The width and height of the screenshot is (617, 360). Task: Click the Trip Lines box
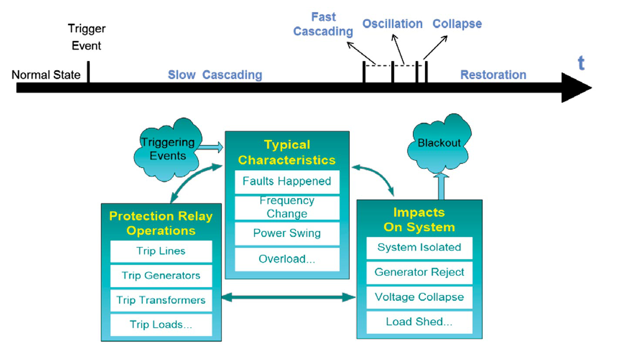(x=161, y=251)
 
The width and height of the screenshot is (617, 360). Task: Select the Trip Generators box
(x=161, y=276)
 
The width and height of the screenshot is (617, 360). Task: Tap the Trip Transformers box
(x=161, y=300)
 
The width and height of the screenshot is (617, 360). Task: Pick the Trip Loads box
(x=161, y=325)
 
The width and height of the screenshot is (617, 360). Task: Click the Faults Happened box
(x=287, y=181)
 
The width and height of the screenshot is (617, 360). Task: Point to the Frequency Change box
(x=287, y=207)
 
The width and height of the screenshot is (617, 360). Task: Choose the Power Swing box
(x=287, y=233)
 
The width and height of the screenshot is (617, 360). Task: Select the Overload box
(x=287, y=259)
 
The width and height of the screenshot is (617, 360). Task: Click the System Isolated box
(x=419, y=248)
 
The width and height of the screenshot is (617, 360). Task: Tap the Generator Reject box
(x=419, y=273)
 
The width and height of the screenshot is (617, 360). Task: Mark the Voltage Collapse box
(x=419, y=297)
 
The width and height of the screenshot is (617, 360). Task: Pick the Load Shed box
(x=419, y=322)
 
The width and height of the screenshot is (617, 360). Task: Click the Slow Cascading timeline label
(x=215, y=75)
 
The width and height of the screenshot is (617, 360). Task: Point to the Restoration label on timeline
(x=493, y=75)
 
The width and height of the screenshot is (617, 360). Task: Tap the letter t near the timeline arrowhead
(x=580, y=64)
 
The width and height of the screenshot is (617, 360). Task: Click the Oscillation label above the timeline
(x=393, y=24)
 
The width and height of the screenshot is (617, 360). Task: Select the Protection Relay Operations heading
(x=161, y=223)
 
